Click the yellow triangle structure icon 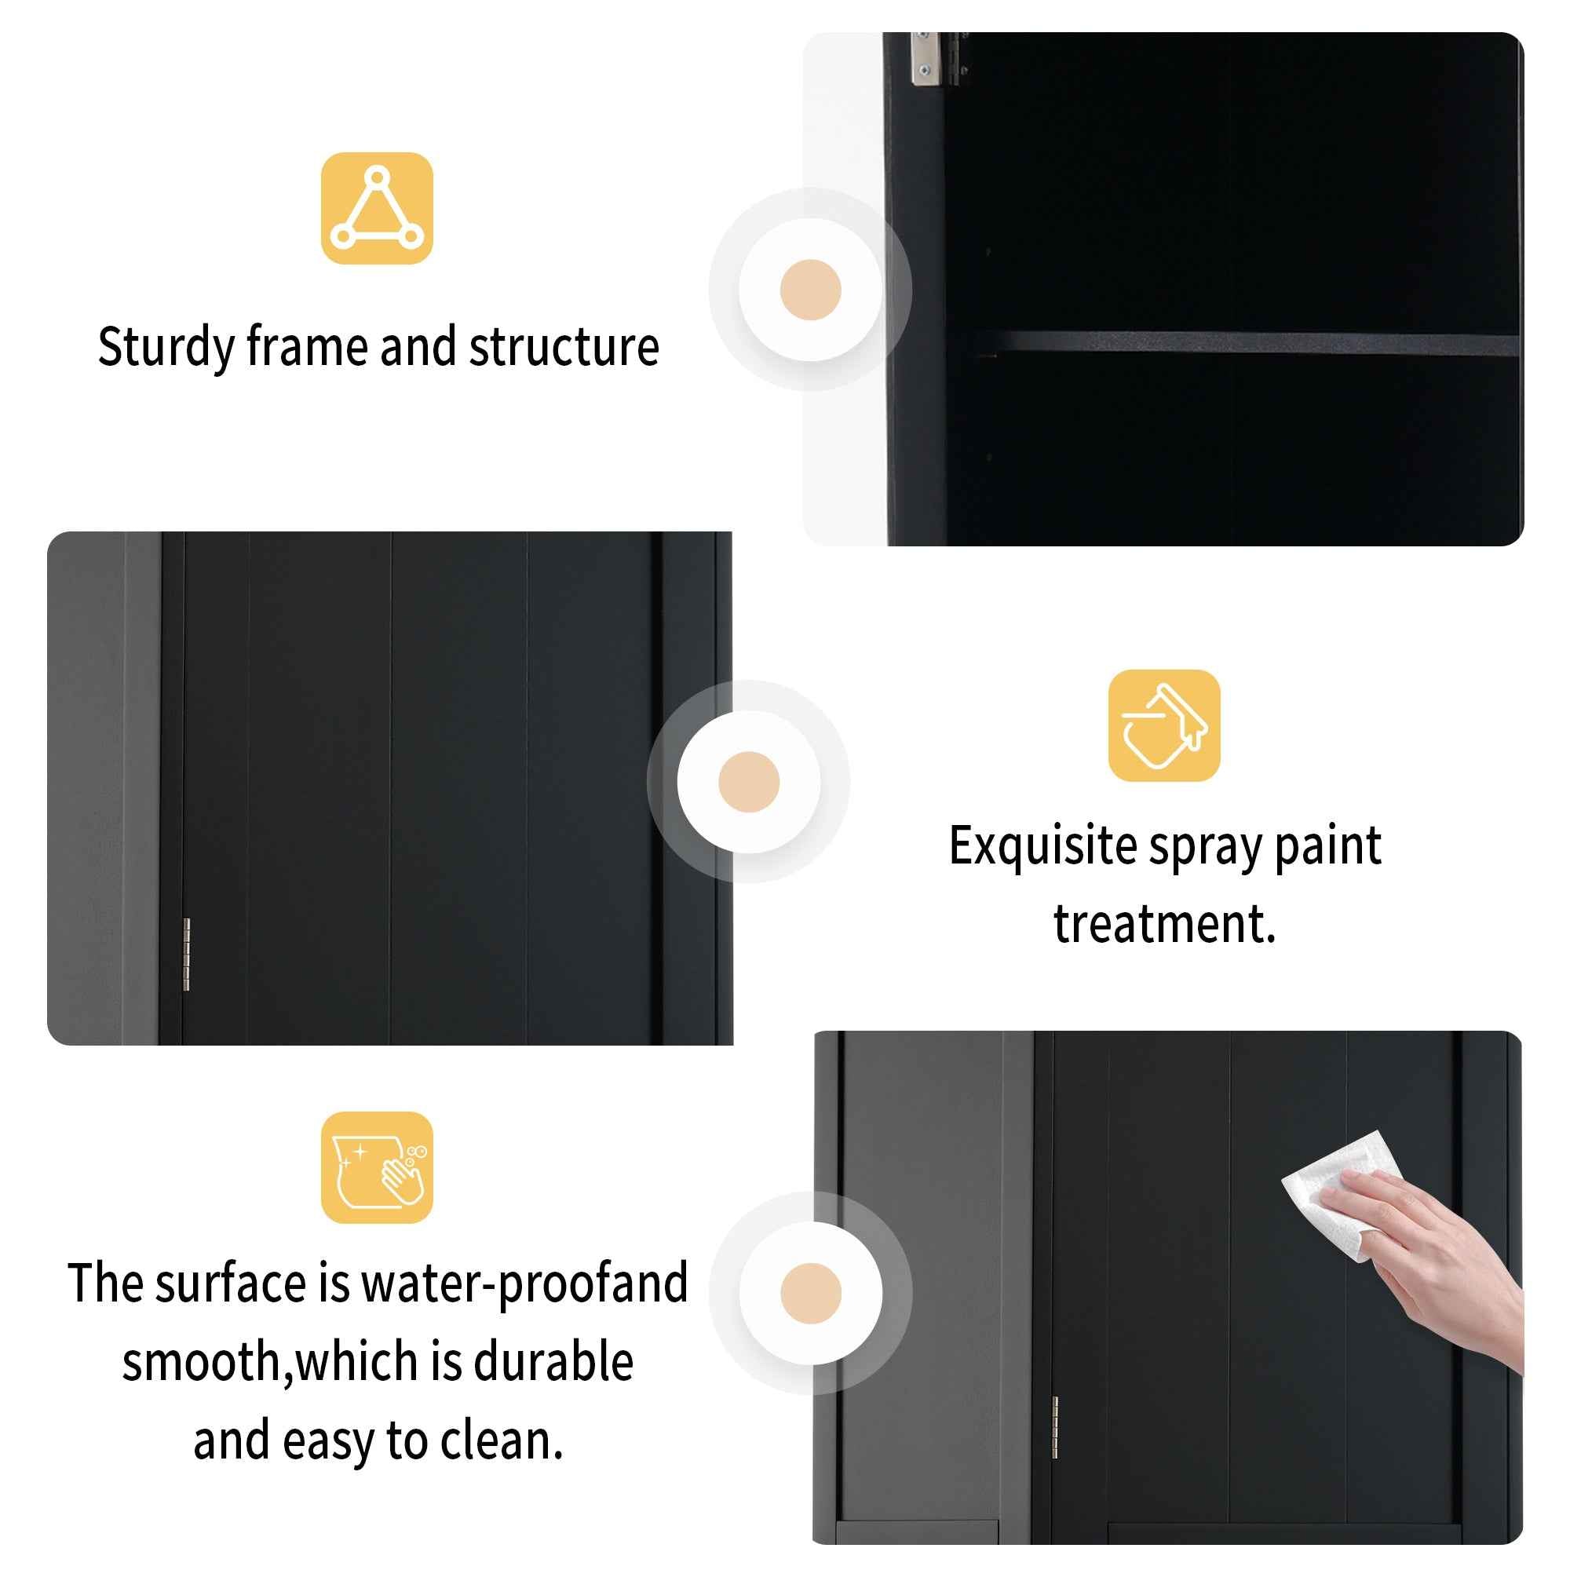click(376, 208)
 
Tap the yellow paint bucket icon click(1163, 725)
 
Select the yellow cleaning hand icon click(376, 1168)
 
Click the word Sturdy click(166, 348)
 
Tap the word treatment click(1163, 924)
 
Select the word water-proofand click(524, 1283)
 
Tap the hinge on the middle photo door click(186, 954)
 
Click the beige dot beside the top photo click(809, 290)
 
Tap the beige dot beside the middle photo click(748, 782)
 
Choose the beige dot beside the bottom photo click(810, 1293)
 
